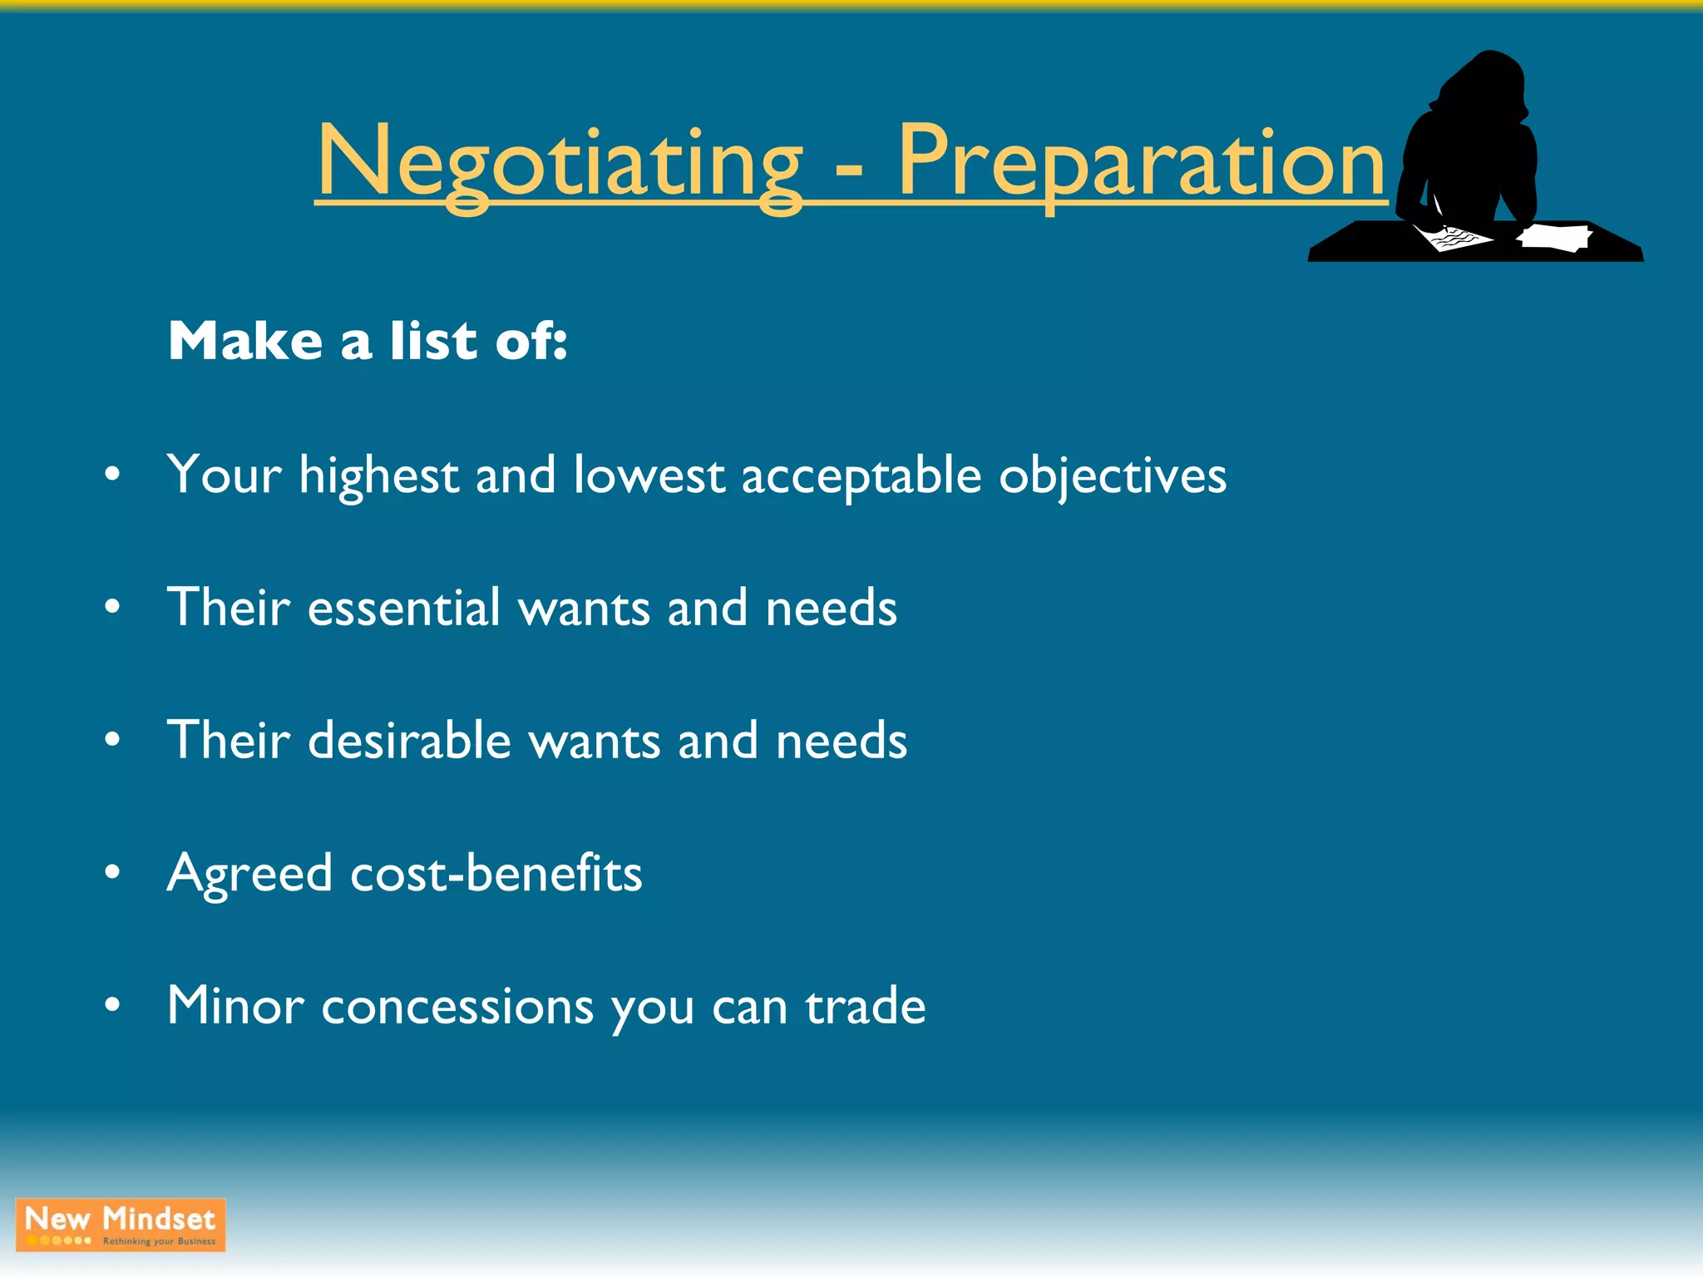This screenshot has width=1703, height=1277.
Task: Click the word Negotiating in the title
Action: pos(559,162)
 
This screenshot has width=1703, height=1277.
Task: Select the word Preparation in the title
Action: pos(1141,162)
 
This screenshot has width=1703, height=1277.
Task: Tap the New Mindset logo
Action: pos(121,1224)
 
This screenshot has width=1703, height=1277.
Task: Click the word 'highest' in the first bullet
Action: pos(379,476)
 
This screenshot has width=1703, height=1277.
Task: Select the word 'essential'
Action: pos(404,607)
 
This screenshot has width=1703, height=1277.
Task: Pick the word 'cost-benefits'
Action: pos(496,873)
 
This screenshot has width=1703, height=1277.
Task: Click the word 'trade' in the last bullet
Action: pos(865,1006)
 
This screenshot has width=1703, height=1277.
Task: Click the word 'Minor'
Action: pos(235,1006)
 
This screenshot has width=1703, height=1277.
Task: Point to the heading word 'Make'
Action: pos(245,341)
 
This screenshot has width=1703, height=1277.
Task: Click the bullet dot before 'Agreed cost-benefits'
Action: pos(112,873)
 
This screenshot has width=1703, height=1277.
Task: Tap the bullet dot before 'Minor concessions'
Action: pos(112,1006)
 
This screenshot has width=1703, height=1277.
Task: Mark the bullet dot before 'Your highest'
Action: pos(112,476)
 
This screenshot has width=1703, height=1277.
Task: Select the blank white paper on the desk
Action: pos(1553,236)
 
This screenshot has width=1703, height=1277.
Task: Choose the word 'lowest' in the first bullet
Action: pos(649,476)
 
